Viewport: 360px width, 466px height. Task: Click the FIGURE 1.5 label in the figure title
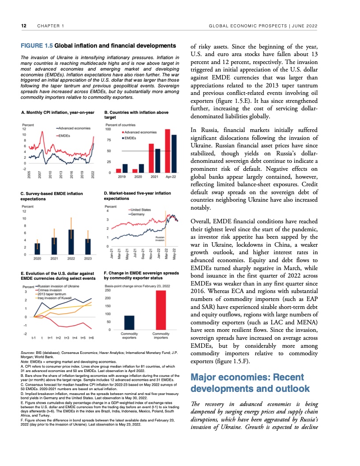click(37, 45)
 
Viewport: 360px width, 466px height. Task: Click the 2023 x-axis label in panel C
click(88, 258)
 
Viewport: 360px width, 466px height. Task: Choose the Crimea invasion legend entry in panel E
click(47, 290)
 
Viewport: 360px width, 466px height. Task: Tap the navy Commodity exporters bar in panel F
click(129, 323)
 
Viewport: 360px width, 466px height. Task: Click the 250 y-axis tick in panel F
click(107, 290)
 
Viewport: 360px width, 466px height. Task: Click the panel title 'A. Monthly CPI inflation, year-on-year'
click(58, 113)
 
